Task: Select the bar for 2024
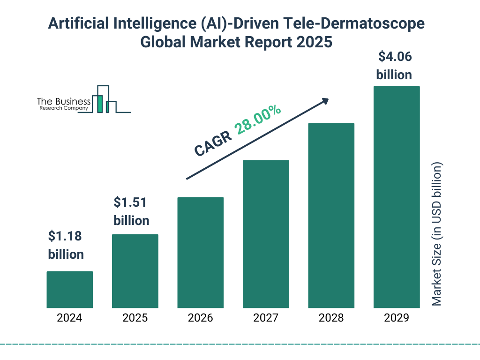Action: pyautogui.click(x=69, y=289)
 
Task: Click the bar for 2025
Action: pyautogui.click(x=135, y=271)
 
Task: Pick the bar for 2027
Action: pyautogui.click(x=266, y=234)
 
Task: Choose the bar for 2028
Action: pyautogui.click(x=331, y=215)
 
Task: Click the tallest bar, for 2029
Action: pyautogui.click(x=397, y=197)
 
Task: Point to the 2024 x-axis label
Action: pyautogui.click(x=69, y=318)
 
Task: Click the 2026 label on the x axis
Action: pyautogui.click(x=200, y=318)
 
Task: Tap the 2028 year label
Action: pyautogui.click(x=331, y=318)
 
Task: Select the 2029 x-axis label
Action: pyautogui.click(x=397, y=318)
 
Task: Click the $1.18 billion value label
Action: pyautogui.click(x=66, y=245)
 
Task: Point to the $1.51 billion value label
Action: pyautogui.click(x=132, y=211)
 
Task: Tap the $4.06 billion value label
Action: pyautogui.click(x=394, y=66)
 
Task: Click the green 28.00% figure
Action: pyautogui.click(x=258, y=120)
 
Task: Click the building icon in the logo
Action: pyautogui.click(x=104, y=99)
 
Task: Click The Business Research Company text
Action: pyautogui.click(x=64, y=104)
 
